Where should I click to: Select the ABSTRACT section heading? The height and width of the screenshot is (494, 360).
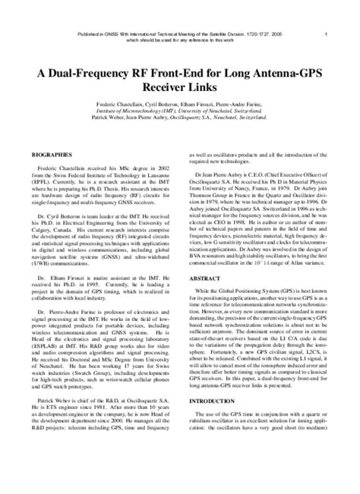[200, 321]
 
